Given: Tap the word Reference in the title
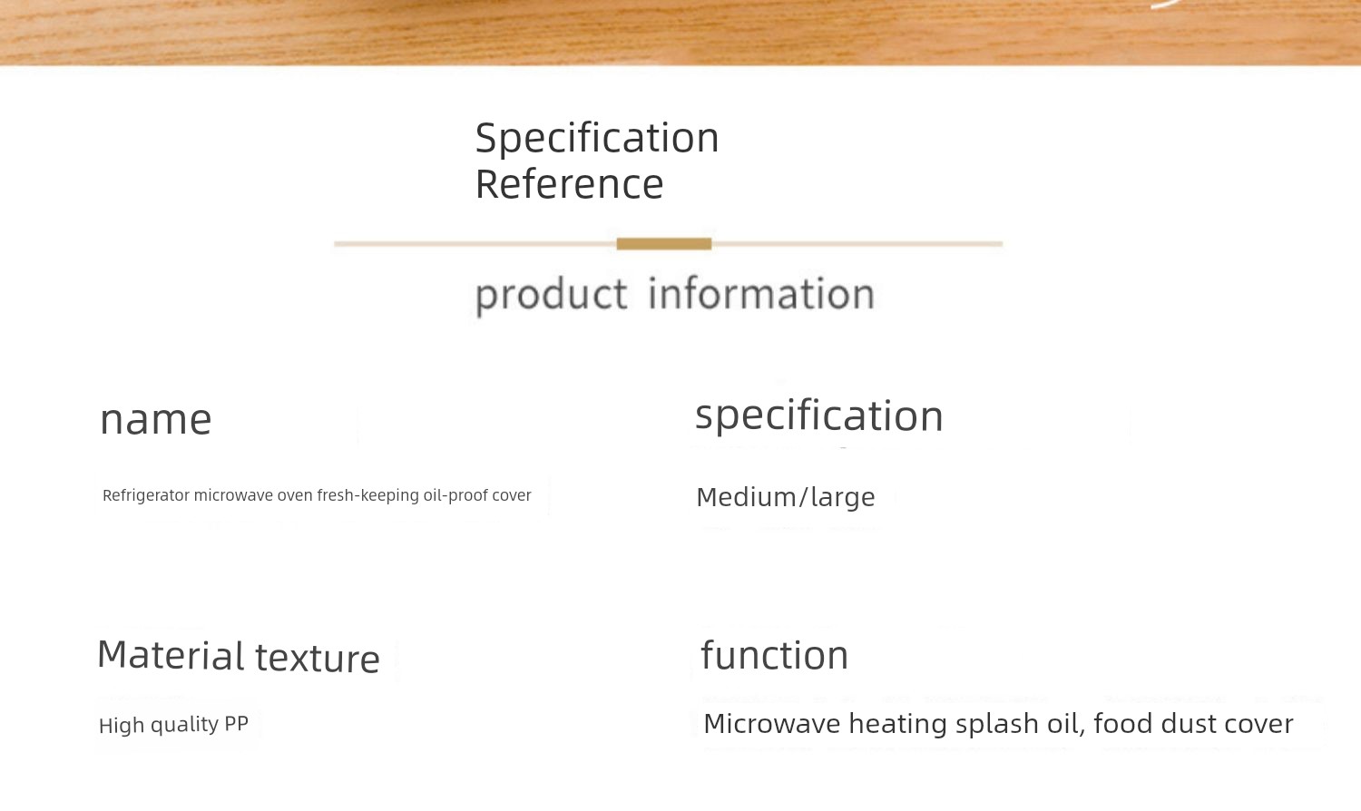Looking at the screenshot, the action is [x=569, y=185].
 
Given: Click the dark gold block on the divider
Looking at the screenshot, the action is [x=663, y=244].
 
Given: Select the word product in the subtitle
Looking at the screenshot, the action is [x=551, y=296].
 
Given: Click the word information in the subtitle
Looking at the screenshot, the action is [x=761, y=293].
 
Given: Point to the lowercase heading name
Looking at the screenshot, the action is [x=155, y=420].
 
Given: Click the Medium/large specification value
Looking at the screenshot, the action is [x=786, y=497].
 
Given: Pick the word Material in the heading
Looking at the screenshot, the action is [x=171, y=655].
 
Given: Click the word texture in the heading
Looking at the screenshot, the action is [x=318, y=659].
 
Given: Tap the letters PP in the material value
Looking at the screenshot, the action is [x=236, y=724].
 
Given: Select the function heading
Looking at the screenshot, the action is [x=775, y=655].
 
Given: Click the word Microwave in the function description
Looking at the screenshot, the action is [x=772, y=724].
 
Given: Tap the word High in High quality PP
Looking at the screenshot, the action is [x=122, y=726].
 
